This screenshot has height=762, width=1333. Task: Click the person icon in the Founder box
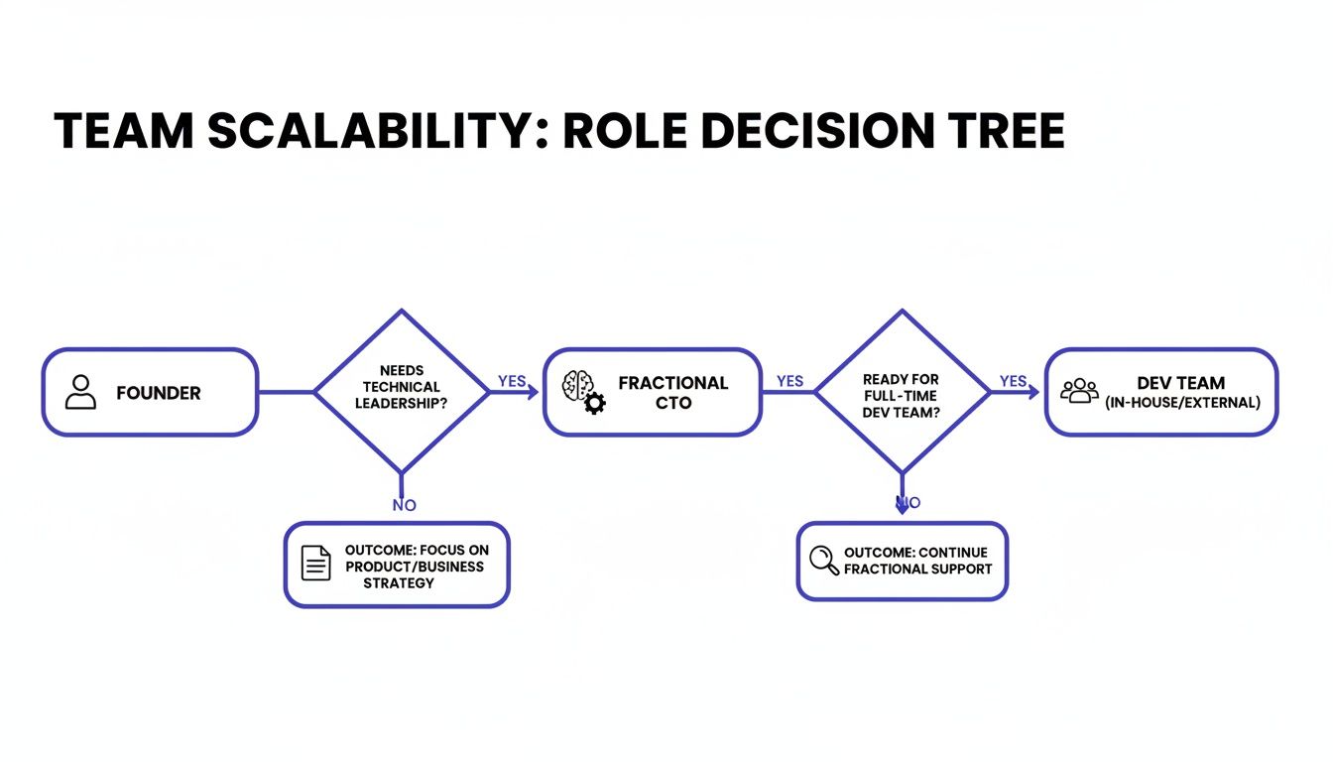pos(80,393)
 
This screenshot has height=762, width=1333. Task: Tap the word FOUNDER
pos(159,393)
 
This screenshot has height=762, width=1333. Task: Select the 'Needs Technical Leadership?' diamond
pos(402,391)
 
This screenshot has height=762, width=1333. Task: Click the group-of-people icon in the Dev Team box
pos(1079,391)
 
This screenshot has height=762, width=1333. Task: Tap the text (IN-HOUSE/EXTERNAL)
pos(1182,404)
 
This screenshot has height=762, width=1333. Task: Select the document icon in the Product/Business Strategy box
pos(316,564)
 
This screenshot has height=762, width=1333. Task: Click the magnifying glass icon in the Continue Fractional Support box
pos(824,561)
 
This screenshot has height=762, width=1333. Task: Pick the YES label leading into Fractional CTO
pos(512,381)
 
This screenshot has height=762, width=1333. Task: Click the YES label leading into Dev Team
pos(1013,381)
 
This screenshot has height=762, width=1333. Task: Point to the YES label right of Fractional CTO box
pos(789,381)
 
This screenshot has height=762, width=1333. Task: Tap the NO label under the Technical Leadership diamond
pos(404,505)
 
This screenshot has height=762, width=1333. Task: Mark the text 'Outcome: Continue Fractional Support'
pos(916,561)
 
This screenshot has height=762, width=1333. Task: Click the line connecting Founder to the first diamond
pos(286,393)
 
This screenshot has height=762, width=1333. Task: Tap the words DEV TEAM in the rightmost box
pos(1181,383)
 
